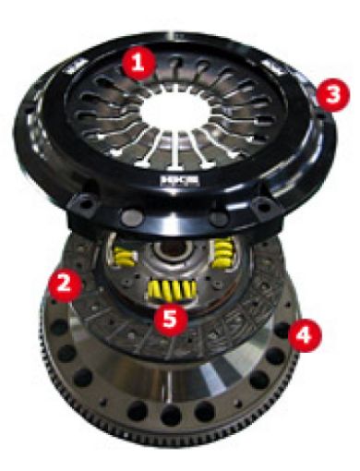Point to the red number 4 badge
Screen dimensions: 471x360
304,335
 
